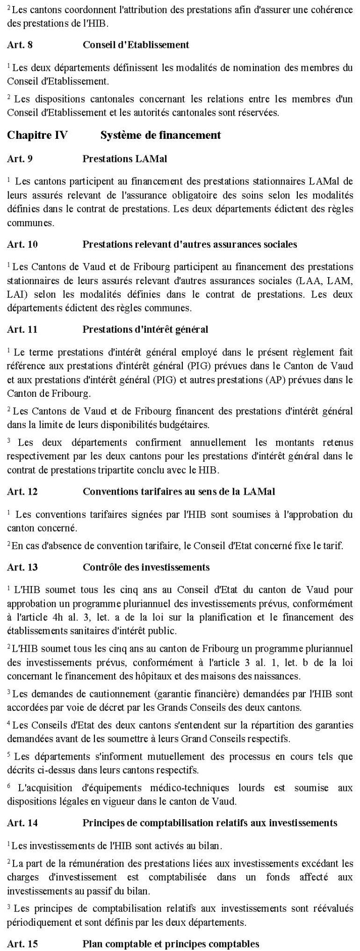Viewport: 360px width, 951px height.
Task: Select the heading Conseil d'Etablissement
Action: pyautogui.click(x=135, y=45)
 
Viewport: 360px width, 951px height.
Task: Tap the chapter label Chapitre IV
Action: pyautogui.click(x=37, y=135)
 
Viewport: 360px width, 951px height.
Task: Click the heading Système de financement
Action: pyautogui.click(x=160, y=135)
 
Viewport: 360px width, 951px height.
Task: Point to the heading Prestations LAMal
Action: pyautogui.click(x=124, y=159)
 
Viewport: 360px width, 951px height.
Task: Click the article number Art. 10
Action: pyautogui.click(x=22, y=245)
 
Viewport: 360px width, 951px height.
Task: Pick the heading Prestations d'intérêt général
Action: pyautogui.click(x=145, y=330)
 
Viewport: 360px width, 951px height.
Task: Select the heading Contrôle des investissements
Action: pyautogui.click(x=146, y=567)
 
